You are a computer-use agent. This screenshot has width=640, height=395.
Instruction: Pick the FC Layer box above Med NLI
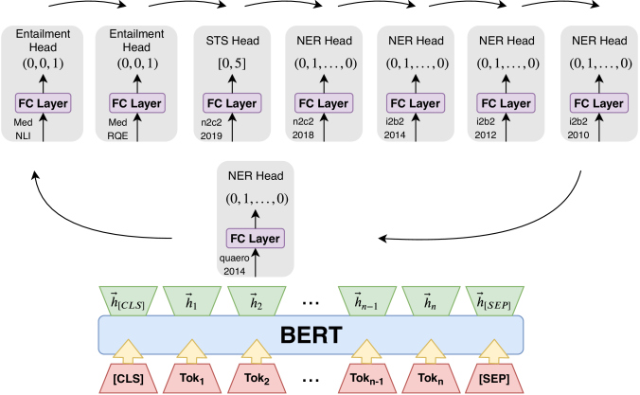click(x=42, y=101)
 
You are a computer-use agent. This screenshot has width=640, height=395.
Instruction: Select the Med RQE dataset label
click(x=117, y=129)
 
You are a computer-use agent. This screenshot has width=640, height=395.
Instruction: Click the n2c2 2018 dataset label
click(x=304, y=129)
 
